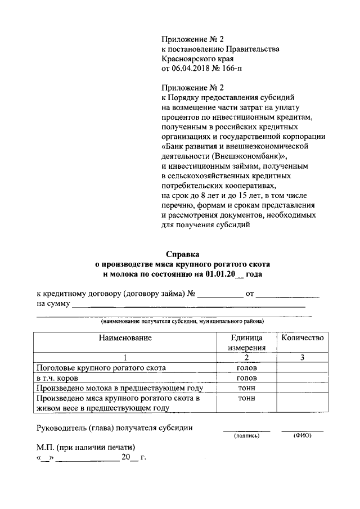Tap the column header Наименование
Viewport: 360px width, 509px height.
pyautogui.click(x=125, y=338)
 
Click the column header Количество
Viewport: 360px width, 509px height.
pyautogui.click(x=302, y=338)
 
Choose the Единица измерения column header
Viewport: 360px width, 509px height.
pyautogui.click(x=246, y=343)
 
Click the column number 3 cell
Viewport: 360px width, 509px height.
pyautogui.click(x=302, y=358)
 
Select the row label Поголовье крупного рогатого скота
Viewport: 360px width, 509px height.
pyautogui.click(x=101, y=368)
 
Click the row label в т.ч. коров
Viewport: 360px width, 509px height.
pyautogui.click(x=57, y=378)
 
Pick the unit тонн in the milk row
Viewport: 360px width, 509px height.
pyautogui.click(x=246, y=388)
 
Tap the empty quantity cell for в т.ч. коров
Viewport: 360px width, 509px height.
pyautogui.click(x=302, y=378)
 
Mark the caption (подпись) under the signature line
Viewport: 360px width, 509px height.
pyautogui.click(x=246, y=435)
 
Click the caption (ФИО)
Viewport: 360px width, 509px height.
pyautogui.click(x=302, y=435)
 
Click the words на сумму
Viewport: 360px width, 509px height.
pyautogui.click(x=53, y=304)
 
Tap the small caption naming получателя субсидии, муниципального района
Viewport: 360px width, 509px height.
pyautogui.click(x=182, y=321)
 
